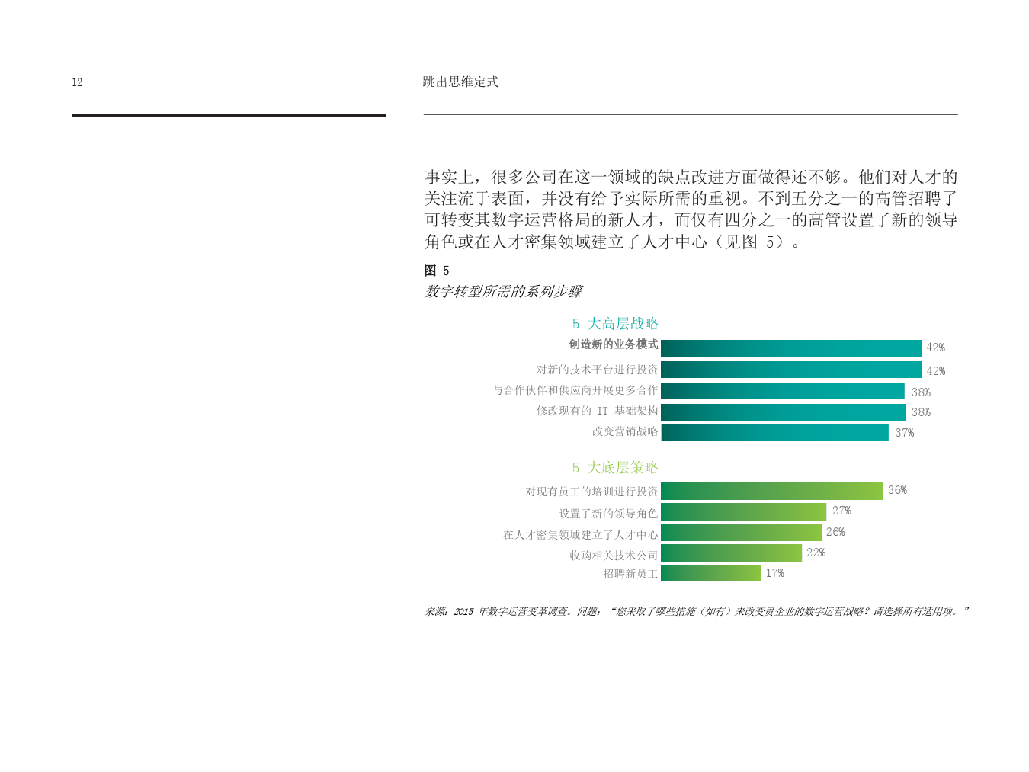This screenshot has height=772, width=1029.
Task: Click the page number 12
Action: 77,82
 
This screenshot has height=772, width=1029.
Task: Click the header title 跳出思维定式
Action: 460,82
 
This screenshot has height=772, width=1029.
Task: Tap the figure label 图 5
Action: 437,271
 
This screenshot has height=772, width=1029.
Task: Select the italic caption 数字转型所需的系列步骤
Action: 503,292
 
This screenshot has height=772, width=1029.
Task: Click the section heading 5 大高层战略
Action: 615,323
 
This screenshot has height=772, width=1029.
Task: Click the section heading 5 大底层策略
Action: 615,467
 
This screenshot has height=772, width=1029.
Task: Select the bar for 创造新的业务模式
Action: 791,348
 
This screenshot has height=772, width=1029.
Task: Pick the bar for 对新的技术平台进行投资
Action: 791,370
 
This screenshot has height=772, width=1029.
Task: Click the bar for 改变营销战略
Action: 774,433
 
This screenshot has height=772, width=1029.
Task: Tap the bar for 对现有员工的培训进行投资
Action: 771,491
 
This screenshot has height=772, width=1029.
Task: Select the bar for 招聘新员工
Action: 710,573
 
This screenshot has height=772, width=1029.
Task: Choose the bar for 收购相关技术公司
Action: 731,553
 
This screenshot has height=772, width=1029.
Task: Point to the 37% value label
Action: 904,433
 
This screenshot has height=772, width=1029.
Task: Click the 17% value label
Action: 775,573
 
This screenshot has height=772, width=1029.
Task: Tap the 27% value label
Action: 841,511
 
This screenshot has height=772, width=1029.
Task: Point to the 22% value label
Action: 816,553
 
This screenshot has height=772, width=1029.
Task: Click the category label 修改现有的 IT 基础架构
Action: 598,411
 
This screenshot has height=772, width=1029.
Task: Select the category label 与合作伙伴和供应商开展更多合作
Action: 575,390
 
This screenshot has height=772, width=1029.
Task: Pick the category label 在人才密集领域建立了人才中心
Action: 580,534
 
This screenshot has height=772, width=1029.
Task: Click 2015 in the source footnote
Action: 463,612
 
